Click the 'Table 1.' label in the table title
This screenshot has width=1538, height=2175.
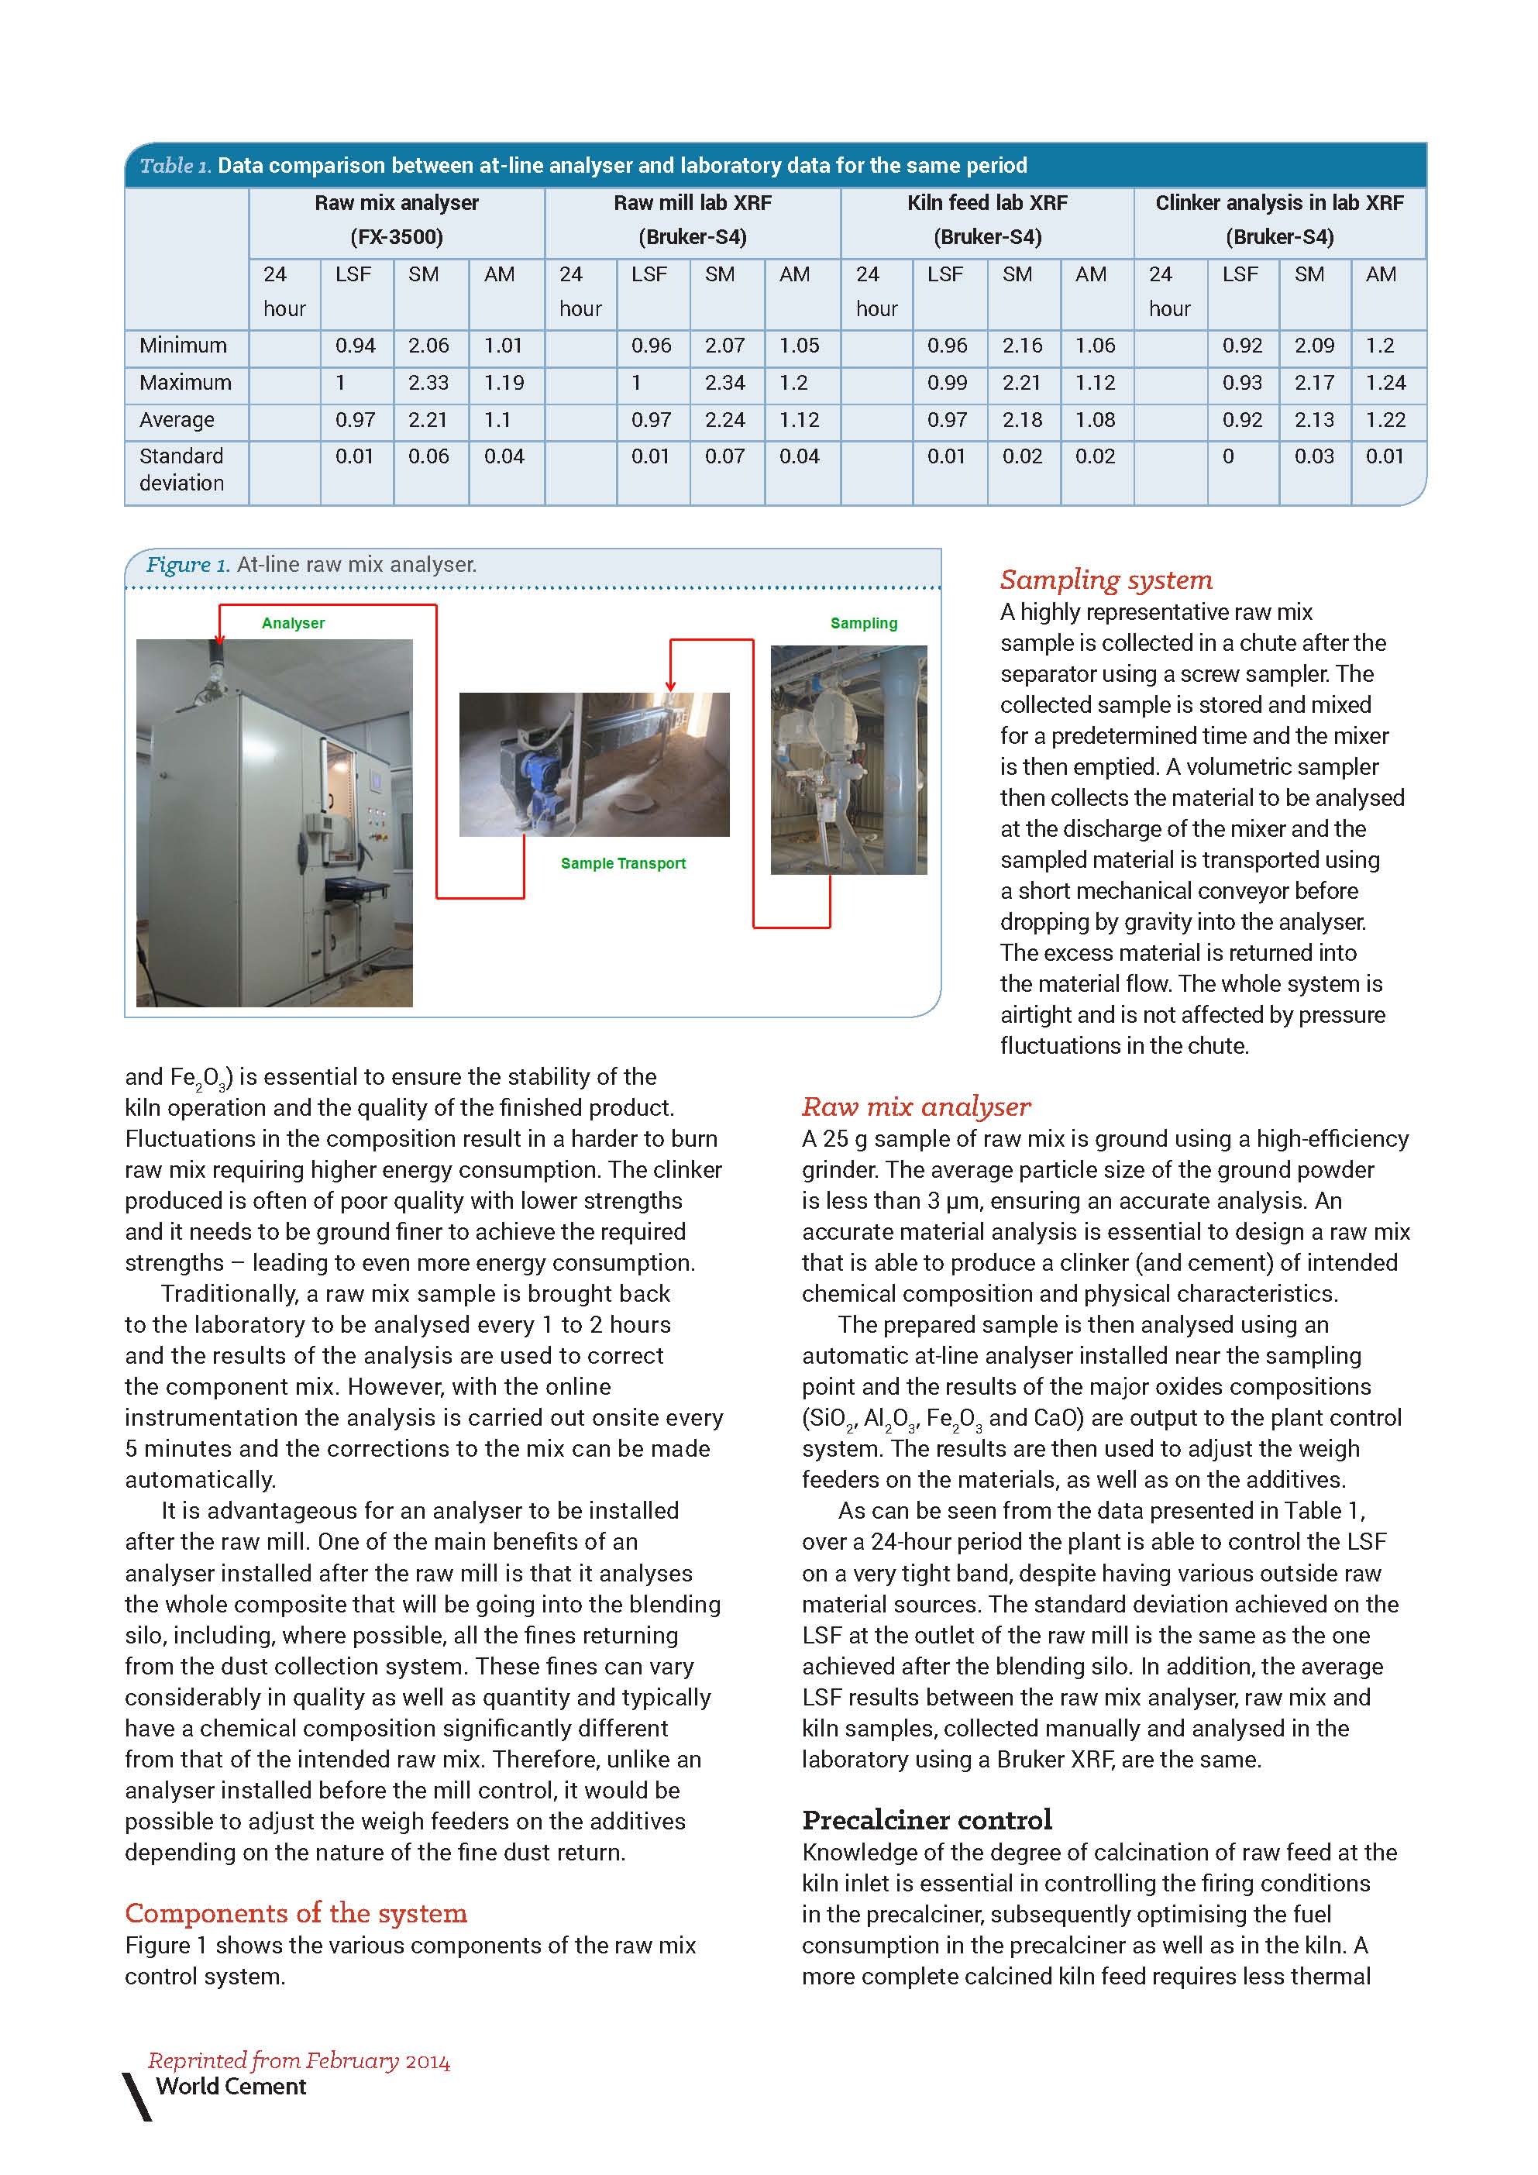click(x=175, y=166)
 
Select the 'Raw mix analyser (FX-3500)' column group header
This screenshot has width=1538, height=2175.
click(x=396, y=220)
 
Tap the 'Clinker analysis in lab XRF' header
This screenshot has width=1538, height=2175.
click(x=1278, y=203)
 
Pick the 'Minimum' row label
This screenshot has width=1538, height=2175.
click(x=183, y=346)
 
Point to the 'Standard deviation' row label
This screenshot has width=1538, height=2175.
click(x=182, y=470)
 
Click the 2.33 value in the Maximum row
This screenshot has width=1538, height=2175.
click(x=428, y=383)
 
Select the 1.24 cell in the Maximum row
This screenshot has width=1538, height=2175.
click(x=1385, y=383)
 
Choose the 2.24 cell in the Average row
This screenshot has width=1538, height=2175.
click(x=724, y=420)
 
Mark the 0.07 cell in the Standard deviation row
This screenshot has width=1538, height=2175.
click(x=724, y=456)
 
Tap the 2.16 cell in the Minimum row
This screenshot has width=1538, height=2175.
click(x=1022, y=346)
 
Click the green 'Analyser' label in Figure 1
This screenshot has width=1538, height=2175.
click(x=293, y=623)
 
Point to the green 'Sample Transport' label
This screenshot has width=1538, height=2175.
click(x=623, y=863)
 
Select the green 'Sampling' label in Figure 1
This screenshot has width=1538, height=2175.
click(x=864, y=623)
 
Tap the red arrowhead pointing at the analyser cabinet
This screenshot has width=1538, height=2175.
click(x=220, y=638)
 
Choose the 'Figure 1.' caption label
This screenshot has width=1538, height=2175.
click(x=188, y=565)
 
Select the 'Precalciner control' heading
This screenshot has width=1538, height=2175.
click(x=926, y=1820)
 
